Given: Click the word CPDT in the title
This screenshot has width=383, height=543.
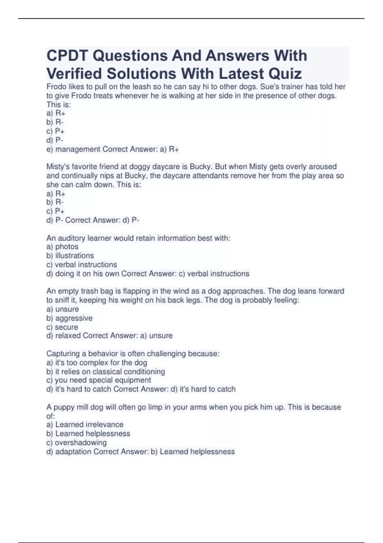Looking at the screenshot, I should (x=67, y=56).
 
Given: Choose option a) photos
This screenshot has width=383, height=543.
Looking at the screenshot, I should (x=63, y=247).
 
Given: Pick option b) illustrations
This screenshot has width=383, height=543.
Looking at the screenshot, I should (x=70, y=256).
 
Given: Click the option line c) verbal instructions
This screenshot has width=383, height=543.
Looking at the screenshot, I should (x=82, y=264).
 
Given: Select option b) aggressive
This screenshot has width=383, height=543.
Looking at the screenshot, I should (x=70, y=318).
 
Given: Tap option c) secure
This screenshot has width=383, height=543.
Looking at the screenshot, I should (x=62, y=327).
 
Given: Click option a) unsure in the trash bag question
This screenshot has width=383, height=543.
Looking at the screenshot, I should (x=63, y=309).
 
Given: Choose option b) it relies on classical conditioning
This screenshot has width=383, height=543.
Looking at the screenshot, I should (x=106, y=371).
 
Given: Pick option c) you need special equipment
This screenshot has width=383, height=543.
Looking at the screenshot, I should (x=99, y=380).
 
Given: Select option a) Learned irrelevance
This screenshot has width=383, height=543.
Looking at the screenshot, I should (x=85, y=424).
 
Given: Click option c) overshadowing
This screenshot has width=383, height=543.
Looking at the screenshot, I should (x=77, y=442).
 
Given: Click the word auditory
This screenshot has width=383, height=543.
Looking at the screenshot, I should (x=71, y=238).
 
